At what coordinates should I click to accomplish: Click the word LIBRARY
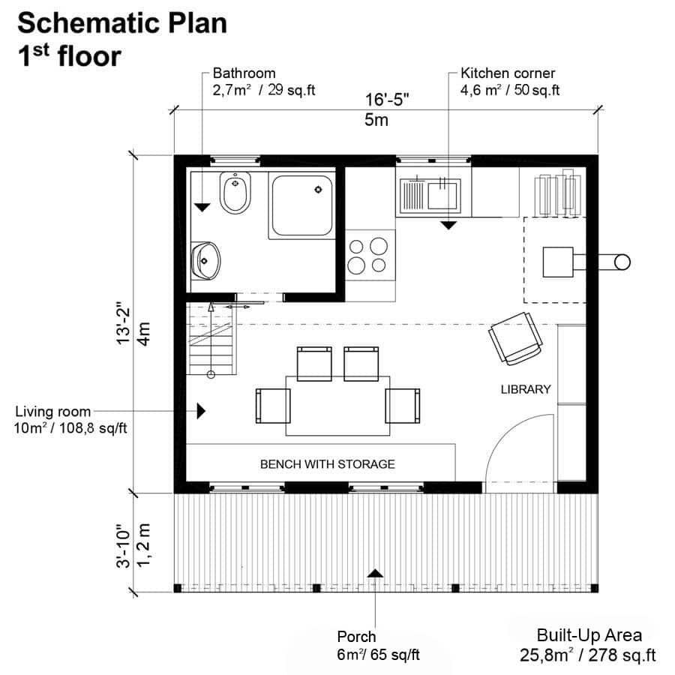point(526,389)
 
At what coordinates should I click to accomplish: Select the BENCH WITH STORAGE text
point(327,464)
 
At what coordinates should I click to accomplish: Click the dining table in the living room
point(337,405)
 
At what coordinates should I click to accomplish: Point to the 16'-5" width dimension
point(387,99)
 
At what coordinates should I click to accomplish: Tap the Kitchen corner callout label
point(508,73)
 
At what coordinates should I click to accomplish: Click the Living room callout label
point(53,411)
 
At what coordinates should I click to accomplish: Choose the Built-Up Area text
point(589,635)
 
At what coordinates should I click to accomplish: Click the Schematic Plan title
point(122,23)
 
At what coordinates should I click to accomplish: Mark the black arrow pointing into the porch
point(375,572)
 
